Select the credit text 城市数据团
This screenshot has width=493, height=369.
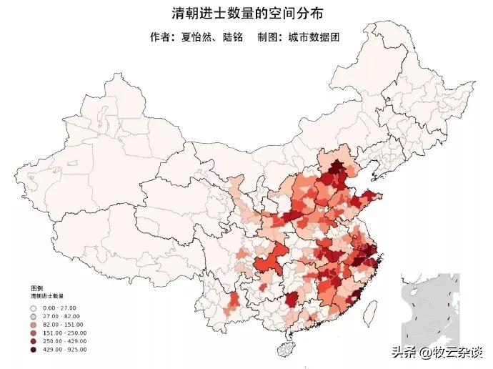tap(313, 36)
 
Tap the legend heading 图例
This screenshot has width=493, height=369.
tap(36, 287)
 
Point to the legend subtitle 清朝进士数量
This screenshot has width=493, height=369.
tap(46, 295)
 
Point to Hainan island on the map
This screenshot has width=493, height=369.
tap(286, 349)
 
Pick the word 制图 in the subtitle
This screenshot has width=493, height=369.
tap(271, 36)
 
